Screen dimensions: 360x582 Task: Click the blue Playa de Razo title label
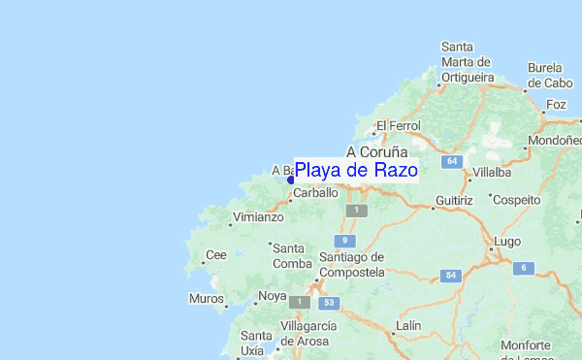coord(356,171)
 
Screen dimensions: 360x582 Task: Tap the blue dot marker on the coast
coord(290,180)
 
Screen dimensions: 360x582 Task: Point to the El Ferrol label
coord(396,125)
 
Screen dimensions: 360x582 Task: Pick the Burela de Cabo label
coord(551,75)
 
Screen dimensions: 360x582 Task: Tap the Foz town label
coord(556,104)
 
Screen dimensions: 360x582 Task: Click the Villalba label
coord(489,172)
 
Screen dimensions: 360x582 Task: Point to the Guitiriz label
coord(453,200)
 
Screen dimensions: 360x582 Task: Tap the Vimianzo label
coord(256,218)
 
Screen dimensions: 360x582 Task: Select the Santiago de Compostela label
coord(351,263)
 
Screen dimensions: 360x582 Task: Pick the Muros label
coord(207,298)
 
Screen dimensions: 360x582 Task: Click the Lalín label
coord(408,325)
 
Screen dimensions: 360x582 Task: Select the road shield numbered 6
coord(524,268)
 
